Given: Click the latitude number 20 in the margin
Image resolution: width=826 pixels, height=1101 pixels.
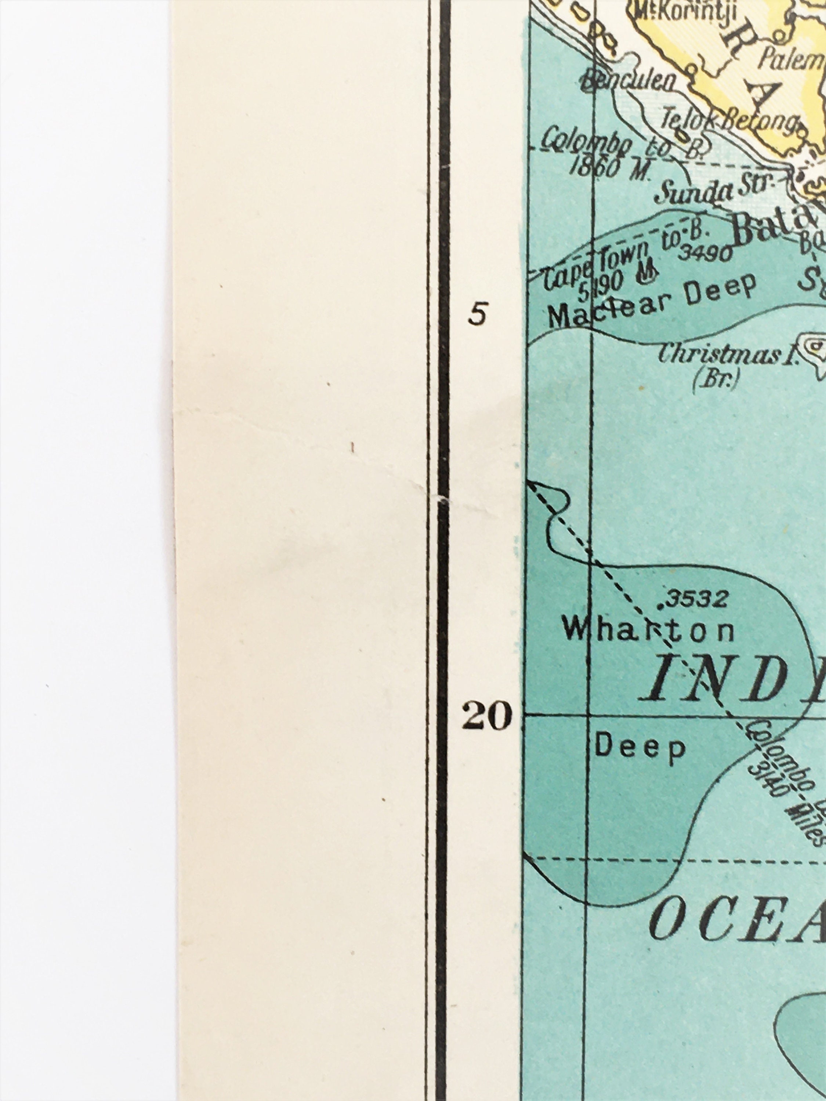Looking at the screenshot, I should click(486, 717).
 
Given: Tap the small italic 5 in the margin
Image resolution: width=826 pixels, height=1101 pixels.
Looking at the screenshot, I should click(478, 315).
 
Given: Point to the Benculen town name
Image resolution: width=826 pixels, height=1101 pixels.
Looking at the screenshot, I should click(630, 81).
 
